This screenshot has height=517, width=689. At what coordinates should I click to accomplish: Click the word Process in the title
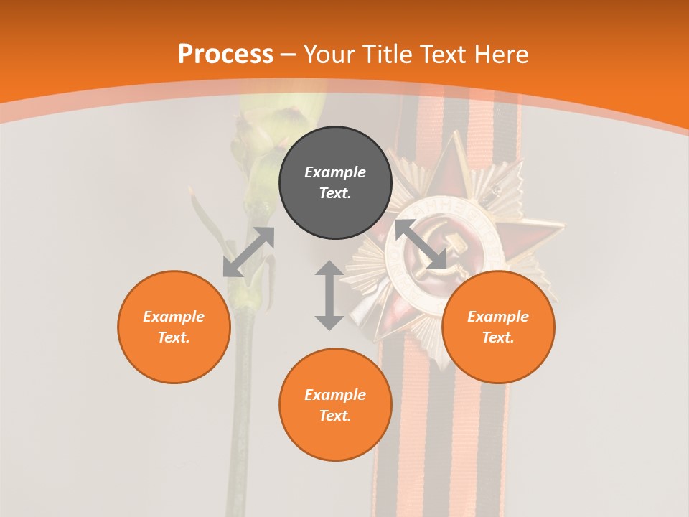(x=225, y=55)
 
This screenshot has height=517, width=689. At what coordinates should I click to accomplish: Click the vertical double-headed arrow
(x=329, y=295)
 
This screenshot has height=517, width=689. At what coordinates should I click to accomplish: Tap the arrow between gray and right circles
(x=421, y=244)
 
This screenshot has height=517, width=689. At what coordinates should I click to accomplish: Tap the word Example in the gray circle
(x=335, y=172)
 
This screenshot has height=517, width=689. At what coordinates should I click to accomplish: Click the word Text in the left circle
(x=174, y=337)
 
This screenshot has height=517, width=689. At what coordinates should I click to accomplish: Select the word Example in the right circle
(x=498, y=317)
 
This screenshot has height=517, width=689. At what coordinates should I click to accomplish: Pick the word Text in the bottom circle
(x=335, y=416)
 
